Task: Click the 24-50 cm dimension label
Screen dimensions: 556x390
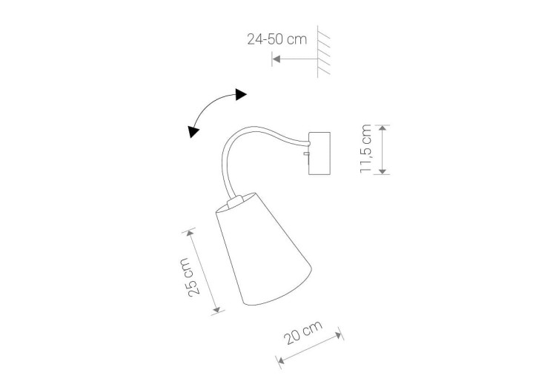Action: coord(277,39)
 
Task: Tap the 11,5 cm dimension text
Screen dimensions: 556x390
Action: coord(365,148)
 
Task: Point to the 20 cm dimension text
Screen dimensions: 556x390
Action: coord(303,332)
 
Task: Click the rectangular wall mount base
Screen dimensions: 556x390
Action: coord(320,153)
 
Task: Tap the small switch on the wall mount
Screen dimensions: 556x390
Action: coord(306,153)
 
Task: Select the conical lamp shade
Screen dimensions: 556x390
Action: coord(264,249)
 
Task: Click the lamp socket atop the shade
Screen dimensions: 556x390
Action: coord(236,202)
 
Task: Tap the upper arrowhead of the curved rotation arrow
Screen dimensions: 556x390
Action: coord(241,94)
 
